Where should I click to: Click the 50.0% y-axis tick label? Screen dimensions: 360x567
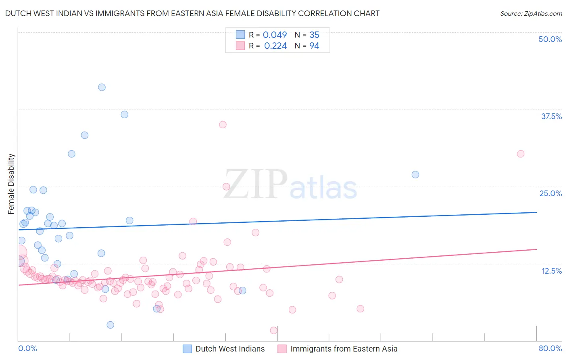[x=550, y=39]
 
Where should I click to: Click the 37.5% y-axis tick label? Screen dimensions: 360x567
[x=551, y=116]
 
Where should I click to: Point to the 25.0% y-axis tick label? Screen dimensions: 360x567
[x=550, y=193]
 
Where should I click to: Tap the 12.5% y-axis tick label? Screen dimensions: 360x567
[x=551, y=271]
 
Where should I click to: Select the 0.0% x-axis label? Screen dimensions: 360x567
[x=27, y=348]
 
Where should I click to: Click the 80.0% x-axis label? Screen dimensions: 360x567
[x=550, y=348]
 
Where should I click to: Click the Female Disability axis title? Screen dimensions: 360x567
[x=11, y=184]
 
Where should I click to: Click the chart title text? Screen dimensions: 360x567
[x=192, y=13]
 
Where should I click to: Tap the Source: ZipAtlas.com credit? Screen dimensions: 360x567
[x=531, y=13]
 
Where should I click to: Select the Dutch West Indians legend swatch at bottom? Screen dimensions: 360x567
[x=187, y=349]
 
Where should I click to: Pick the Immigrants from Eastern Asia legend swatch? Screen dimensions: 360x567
[x=282, y=349]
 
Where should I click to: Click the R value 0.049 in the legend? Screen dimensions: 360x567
[x=275, y=35]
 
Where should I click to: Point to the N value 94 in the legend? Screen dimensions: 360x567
[x=314, y=46]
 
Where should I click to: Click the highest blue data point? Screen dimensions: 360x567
[x=102, y=87]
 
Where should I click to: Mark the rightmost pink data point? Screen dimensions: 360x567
[x=521, y=154]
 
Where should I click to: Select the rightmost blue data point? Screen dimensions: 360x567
[x=415, y=174]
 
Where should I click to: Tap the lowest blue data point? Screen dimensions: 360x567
[x=110, y=325]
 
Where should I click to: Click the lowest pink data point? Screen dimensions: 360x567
[x=274, y=331]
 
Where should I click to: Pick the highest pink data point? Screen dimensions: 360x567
[x=223, y=124]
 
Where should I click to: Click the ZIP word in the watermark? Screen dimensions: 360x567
[x=256, y=185]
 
